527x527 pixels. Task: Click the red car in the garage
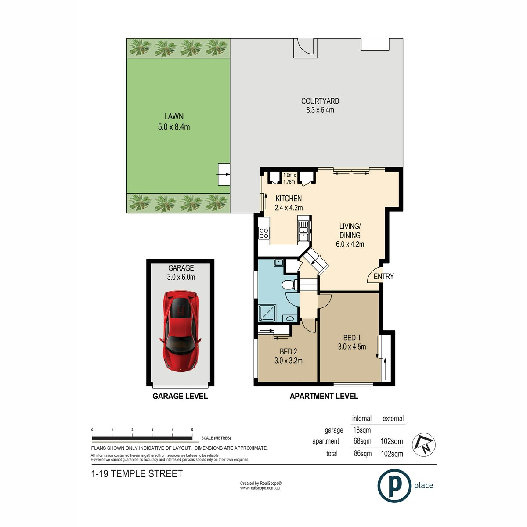[180, 330]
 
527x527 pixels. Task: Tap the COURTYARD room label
[320, 101]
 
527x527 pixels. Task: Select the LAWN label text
[173, 116]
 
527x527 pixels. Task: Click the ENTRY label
[383, 276]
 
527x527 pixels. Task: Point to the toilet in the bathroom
[288, 285]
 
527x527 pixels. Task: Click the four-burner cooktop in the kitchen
[264, 233]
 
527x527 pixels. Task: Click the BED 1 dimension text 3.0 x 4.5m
[352, 347]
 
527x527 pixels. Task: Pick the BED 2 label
[288, 351]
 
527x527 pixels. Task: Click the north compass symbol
[423, 445]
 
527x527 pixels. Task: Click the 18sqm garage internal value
[362, 430]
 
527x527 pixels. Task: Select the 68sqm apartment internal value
[362, 441]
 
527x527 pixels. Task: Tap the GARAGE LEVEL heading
[180, 396]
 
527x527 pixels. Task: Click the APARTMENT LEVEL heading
[324, 396]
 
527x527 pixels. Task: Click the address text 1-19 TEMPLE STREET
[137, 474]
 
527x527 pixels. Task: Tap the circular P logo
[394, 486]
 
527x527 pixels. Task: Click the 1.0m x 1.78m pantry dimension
[289, 178]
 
